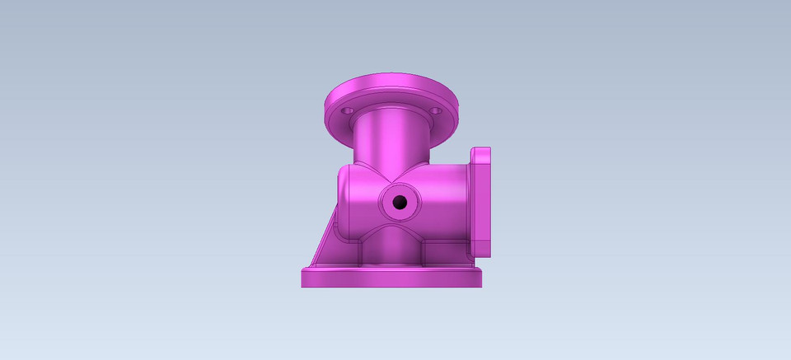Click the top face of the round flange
pyautogui.click(x=391, y=89)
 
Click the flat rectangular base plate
pyautogui.click(x=391, y=278)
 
